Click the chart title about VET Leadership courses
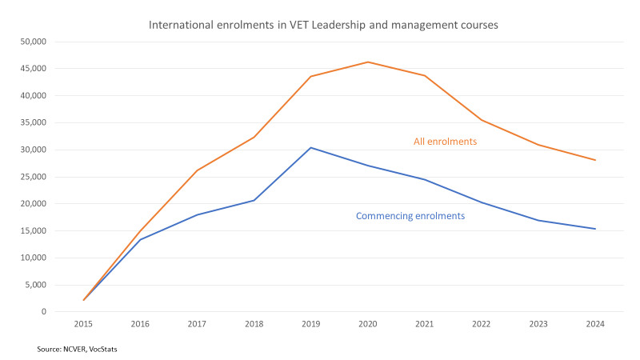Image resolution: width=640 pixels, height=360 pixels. coord(323,25)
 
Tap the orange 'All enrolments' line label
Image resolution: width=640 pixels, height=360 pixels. coord(445,142)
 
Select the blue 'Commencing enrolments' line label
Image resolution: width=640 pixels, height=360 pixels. coord(410,216)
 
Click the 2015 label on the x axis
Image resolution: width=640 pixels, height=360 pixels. coord(84,324)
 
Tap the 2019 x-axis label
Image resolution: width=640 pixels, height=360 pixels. coord(311,324)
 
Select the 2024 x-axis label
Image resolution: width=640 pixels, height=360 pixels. coord(595,324)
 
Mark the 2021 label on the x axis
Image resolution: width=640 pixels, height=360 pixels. coord(425,324)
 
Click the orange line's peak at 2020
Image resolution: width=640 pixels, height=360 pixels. coord(368,62)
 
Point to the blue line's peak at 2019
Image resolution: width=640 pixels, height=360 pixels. coord(311,147)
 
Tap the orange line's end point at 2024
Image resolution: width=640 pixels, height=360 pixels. coord(595,160)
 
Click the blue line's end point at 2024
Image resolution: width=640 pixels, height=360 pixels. coord(595,229)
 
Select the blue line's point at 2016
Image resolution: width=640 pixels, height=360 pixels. coord(141,239)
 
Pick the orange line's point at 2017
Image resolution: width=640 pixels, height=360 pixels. coord(198,170)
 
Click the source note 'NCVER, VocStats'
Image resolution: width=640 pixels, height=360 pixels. coord(77,349)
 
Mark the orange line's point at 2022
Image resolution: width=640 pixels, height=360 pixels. coord(482,120)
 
